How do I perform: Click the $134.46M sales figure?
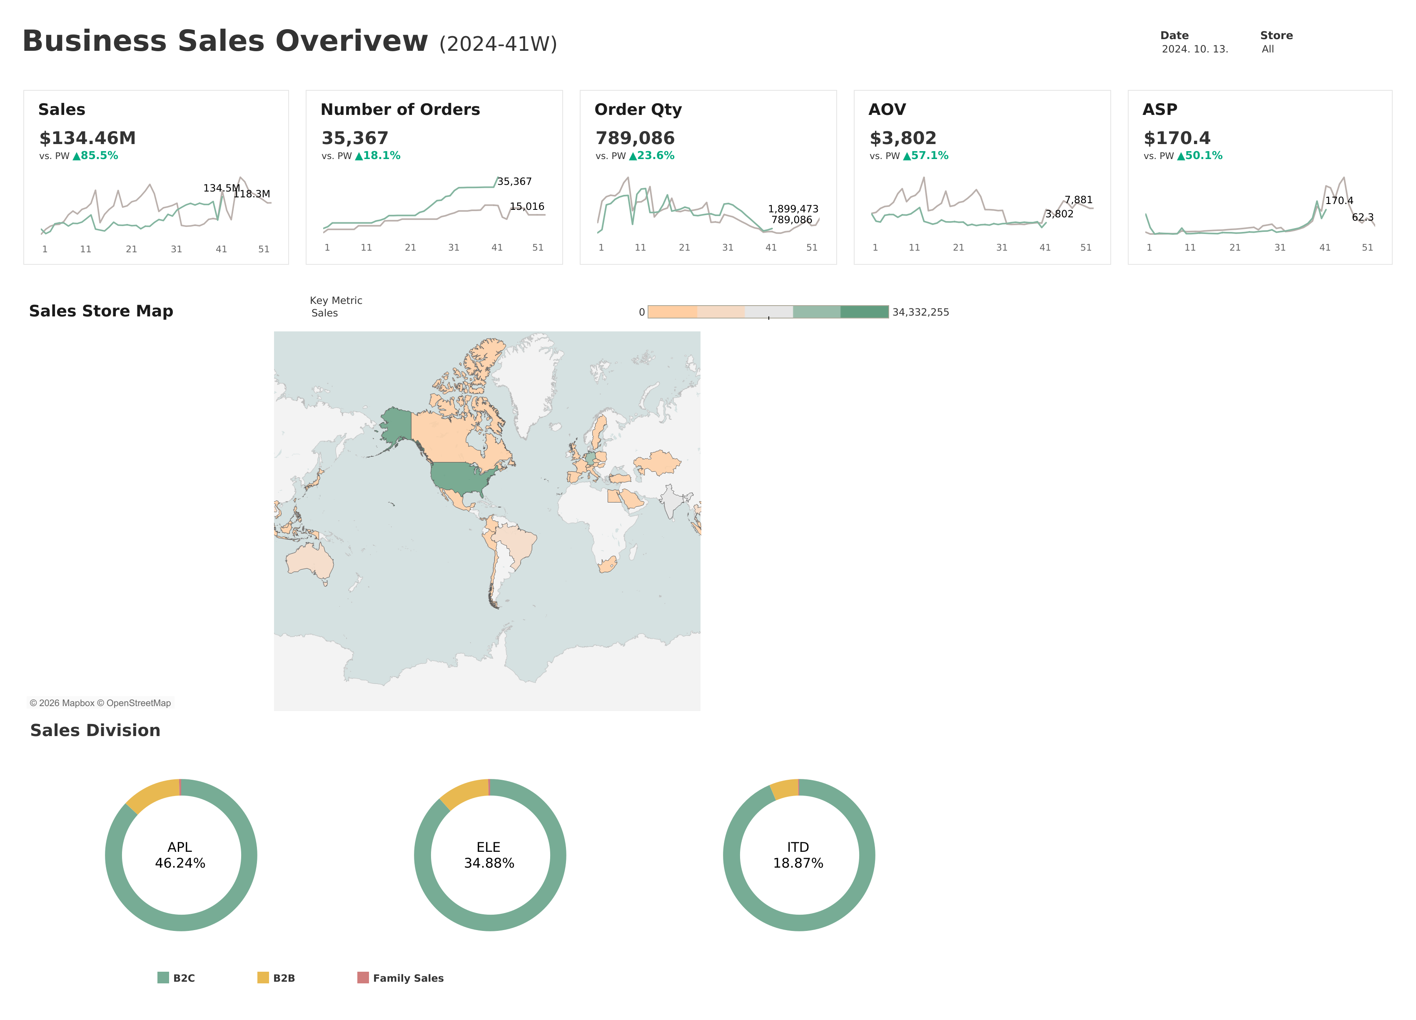pyautogui.click(x=87, y=138)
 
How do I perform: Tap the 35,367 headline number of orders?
pyautogui.click(x=354, y=138)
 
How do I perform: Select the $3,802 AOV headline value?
pyautogui.click(x=903, y=138)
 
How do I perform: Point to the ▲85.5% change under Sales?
pyautogui.click(x=95, y=155)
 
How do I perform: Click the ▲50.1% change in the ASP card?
pyautogui.click(x=1199, y=155)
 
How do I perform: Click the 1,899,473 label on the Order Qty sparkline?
pyautogui.click(x=793, y=209)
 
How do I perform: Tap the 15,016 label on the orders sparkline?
pyautogui.click(x=527, y=206)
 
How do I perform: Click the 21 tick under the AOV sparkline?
pyautogui.click(x=958, y=248)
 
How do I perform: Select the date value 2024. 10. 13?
pyautogui.click(x=1194, y=49)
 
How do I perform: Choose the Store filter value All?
pyautogui.click(x=1267, y=49)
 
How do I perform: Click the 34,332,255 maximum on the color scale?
pyautogui.click(x=920, y=312)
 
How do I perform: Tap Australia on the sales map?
pyautogui.click(x=309, y=560)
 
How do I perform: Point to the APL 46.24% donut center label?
pyautogui.click(x=180, y=855)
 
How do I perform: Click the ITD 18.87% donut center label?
pyautogui.click(x=798, y=855)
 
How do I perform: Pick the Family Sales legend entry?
pyautogui.click(x=400, y=978)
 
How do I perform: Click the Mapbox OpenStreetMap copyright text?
pyautogui.click(x=100, y=703)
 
